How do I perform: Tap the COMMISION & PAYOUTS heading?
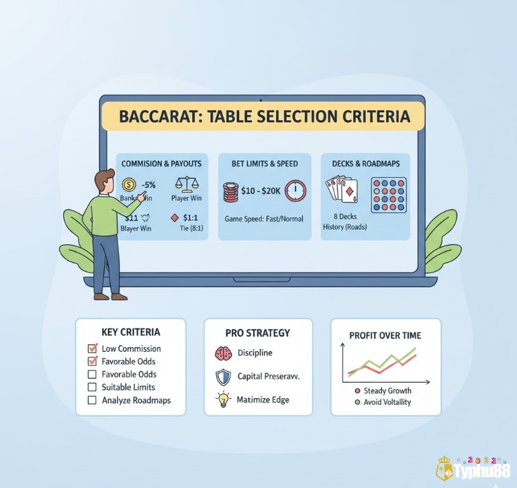click(161, 163)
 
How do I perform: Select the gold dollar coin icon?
click(130, 185)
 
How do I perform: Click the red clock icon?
click(295, 191)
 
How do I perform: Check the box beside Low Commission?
click(93, 349)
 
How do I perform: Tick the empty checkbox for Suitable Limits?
click(93, 387)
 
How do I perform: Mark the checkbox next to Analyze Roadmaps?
click(93, 400)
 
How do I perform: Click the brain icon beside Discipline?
click(223, 353)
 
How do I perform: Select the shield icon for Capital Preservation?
click(223, 376)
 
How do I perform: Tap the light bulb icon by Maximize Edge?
click(223, 399)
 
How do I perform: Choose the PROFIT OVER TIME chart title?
click(385, 335)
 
